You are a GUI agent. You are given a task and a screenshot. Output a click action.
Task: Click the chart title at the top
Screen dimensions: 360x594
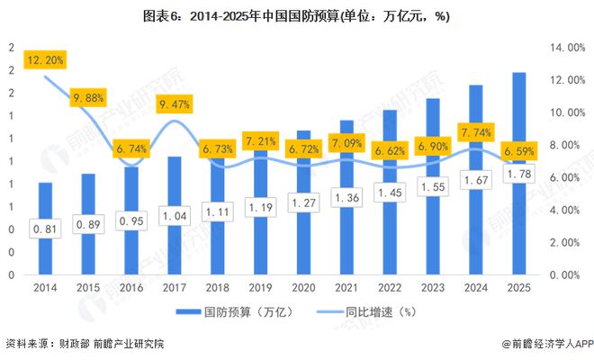[296, 16]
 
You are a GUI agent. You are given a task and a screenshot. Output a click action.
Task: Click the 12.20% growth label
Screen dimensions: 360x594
[44, 60]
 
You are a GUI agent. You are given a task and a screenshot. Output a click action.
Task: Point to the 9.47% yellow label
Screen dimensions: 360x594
[174, 104]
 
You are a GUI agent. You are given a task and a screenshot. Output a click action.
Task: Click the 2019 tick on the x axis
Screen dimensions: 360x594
[259, 289]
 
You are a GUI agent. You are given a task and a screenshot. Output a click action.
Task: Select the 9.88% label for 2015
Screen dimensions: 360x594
[87, 97]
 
